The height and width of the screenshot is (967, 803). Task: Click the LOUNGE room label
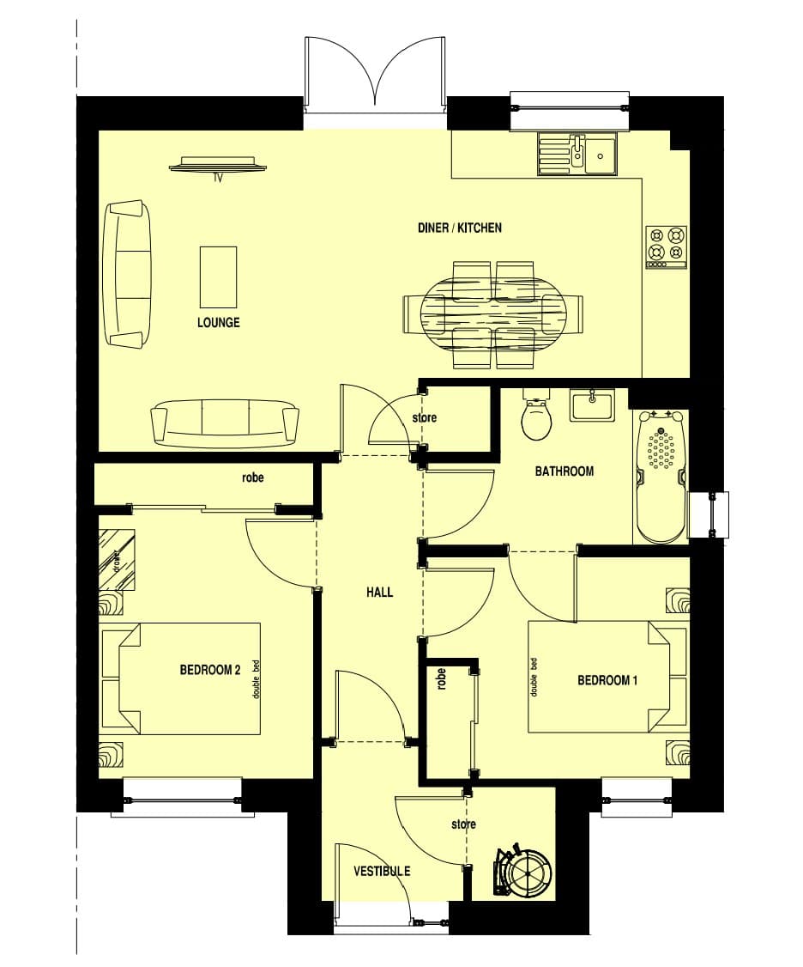218,322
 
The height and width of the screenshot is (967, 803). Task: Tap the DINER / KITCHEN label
460,228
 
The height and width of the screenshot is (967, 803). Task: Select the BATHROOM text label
564,471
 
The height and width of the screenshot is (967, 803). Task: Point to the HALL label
379,592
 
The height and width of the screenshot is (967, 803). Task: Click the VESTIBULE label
382,871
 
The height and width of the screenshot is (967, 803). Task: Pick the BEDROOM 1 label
607,680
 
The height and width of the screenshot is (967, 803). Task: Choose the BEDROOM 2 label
209,669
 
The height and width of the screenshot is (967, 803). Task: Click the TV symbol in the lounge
218,165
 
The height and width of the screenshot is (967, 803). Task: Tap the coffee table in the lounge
218,277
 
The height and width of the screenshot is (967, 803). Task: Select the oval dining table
492,314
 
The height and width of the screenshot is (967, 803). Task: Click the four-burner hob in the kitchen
667,247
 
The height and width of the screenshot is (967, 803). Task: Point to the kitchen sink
577,154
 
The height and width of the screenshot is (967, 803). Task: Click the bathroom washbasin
592,405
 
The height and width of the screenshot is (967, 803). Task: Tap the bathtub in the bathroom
661,477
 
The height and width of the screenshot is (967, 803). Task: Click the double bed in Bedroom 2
180,678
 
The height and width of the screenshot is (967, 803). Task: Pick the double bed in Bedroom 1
607,677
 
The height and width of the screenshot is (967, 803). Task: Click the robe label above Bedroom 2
253,477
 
